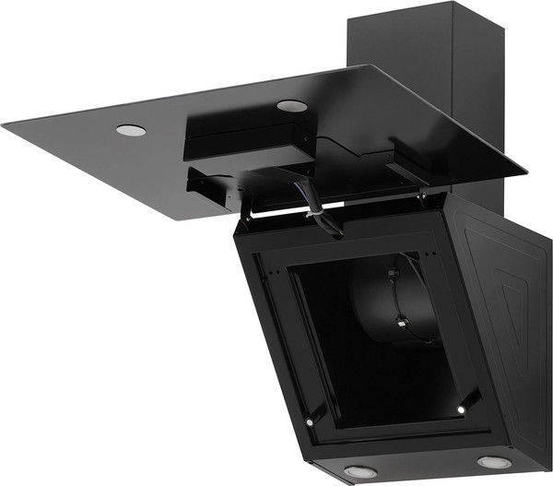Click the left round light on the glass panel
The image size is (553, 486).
pyautogui.click(x=131, y=130)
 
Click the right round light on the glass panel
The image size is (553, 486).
pyautogui.click(x=291, y=105)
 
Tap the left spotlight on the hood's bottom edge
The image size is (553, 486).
pyautogui.click(x=359, y=471)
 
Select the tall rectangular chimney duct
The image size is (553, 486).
pyautogui.click(x=426, y=55)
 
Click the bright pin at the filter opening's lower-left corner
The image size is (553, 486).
pyautogui.click(x=310, y=422)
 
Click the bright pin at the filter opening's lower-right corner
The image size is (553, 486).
pyautogui.click(x=460, y=407)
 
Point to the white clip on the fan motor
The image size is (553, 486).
pyautogui.click(x=402, y=322)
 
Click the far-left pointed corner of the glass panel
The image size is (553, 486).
pyautogui.click(x=4, y=124)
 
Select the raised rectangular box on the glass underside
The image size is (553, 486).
pyautogui.click(x=247, y=138)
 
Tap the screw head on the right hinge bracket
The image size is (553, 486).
pyautogui.click(x=420, y=196)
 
